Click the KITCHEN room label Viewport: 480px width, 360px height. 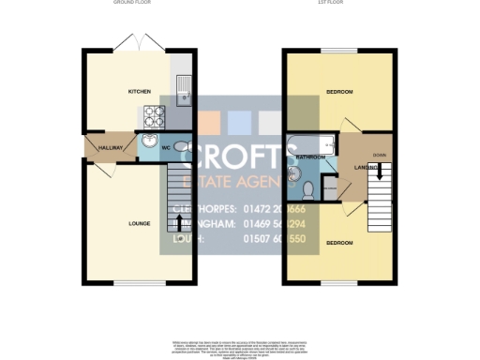coord(140,92)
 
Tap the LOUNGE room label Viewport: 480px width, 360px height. coord(140,223)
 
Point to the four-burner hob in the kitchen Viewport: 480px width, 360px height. coord(153,117)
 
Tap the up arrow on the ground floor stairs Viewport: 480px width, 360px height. coord(179,222)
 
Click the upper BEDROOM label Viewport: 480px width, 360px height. coord(339,92)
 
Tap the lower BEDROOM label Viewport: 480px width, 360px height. coord(339,243)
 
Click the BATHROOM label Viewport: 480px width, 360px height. coord(311,157)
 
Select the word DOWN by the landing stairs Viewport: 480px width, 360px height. coord(379,155)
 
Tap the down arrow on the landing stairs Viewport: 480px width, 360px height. coord(380,172)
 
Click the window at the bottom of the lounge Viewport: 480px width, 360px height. coord(140,283)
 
